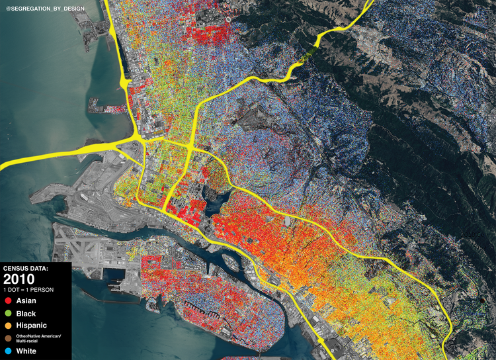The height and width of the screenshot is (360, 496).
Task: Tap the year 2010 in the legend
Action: (x=18, y=279)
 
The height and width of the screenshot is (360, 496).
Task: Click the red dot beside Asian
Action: (x=8, y=301)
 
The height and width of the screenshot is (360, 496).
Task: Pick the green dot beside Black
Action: (x=8, y=314)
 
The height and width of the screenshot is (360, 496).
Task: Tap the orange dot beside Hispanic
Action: (x=8, y=326)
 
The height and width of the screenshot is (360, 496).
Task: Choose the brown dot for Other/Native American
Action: (x=8, y=339)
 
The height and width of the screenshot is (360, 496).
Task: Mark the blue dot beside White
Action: (x=8, y=351)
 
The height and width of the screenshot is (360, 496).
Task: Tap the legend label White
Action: (x=26, y=351)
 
